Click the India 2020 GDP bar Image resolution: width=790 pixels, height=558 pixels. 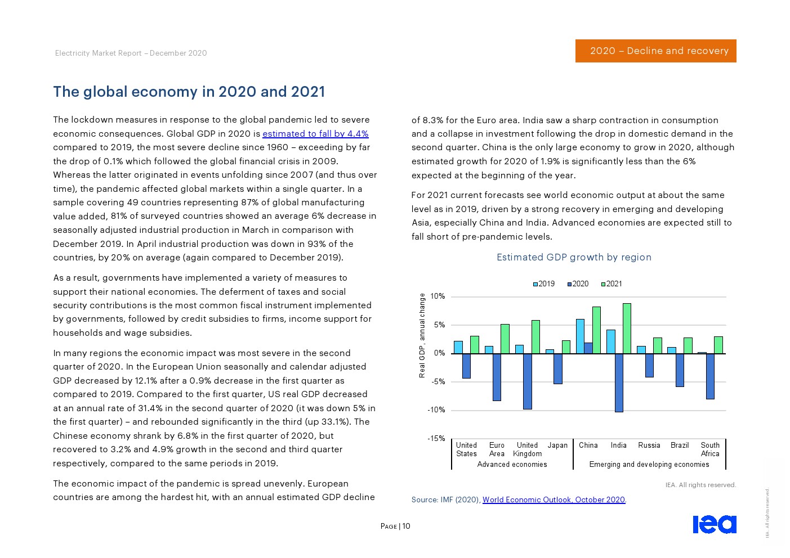[619, 382]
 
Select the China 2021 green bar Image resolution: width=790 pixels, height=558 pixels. [596, 330]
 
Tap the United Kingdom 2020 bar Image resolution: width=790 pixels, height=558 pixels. [528, 381]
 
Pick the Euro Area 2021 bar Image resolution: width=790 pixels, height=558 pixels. [505, 339]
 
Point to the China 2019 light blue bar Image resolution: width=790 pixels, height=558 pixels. [580, 336]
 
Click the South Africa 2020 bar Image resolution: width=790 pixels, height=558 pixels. [710, 376]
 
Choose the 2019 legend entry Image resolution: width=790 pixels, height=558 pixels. [544, 284]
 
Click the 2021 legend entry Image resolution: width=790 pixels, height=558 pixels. [612, 284]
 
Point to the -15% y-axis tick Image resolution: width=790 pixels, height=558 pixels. [437, 439]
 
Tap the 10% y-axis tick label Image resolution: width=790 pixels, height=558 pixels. [438, 296]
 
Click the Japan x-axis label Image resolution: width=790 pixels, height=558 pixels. [557, 445]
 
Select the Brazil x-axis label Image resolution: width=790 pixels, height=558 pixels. [680, 445]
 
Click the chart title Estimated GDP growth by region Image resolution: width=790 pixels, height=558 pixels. [574, 257]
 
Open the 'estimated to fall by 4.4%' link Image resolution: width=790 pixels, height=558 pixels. [315, 134]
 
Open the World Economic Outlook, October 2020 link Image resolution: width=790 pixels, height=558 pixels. [554, 499]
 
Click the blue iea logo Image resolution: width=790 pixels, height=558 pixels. [714, 524]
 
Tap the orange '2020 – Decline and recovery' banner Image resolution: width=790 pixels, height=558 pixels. [655, 51]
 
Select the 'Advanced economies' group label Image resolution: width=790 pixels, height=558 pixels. [512, 465]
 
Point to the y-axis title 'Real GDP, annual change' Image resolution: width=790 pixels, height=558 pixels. [422, 335]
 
